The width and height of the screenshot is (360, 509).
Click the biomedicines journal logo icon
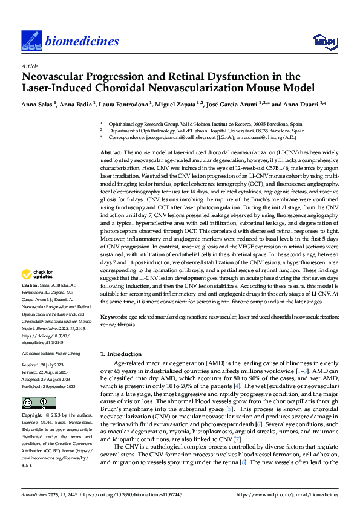click(x=31, y=40)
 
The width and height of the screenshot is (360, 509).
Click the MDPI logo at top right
click(x=322, y=41)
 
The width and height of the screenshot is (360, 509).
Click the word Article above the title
click(x=30, y=65)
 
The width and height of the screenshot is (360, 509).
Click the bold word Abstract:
click(x=111, y=153)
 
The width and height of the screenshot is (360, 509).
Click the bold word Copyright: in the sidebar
click(x=33, y=415)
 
